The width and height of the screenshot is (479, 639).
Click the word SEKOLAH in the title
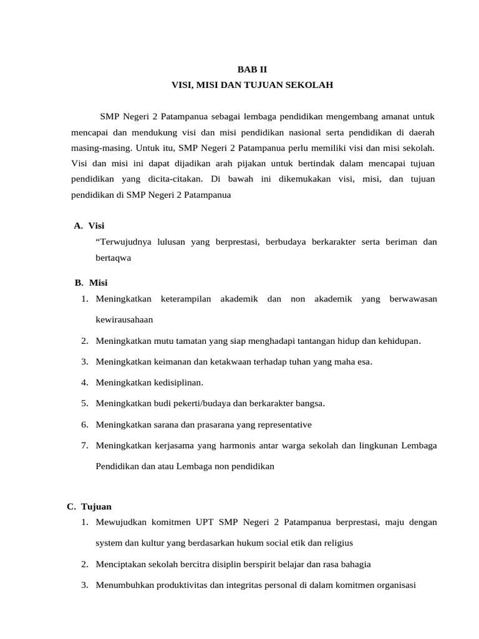pos(309,84)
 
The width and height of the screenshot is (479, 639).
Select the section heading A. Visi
pos(89,225)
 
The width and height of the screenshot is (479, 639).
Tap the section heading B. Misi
pos(91,283)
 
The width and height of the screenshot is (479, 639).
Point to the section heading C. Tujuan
pos(89,506)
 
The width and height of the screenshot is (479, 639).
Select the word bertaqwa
pos(113,257)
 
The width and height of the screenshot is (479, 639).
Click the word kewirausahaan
pos(124,319)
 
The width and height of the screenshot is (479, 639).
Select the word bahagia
pos(352,564)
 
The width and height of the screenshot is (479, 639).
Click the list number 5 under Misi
pos(84,403)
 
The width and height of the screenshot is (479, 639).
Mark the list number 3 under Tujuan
pos(84,585)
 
